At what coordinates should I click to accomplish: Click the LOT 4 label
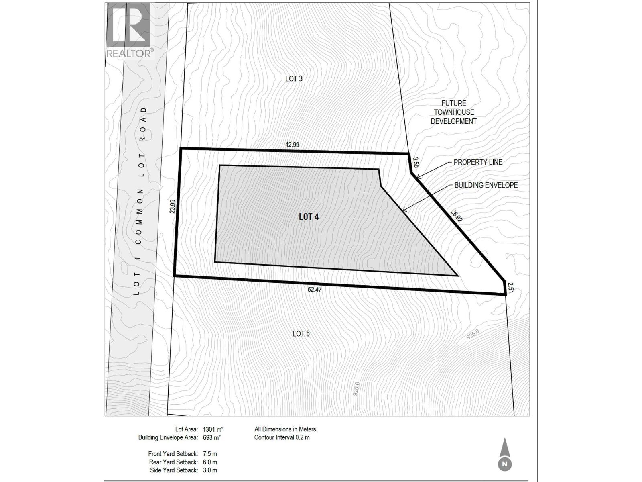click(x=309, y=217)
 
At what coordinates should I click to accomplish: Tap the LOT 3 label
click(x=294, y=79)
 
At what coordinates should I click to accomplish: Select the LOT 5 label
click(x=301, y=334)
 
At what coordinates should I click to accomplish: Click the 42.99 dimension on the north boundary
click(x=292, y=145)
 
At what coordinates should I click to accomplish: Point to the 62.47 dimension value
click(x=315, y=289)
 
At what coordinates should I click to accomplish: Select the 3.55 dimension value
click(x=416, y=162)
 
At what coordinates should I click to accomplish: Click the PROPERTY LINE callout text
click(x=478, y=162)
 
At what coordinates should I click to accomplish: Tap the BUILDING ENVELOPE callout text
click(x=486, y=185)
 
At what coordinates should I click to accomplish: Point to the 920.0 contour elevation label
click(x=356, y=389)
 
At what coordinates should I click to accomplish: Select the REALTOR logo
click(x=129, y=30)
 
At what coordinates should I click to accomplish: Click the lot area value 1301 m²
click(x=213, y=429)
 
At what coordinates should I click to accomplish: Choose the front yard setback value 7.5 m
click(x=210, y=454)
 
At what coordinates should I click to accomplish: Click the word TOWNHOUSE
click(x=454, y=112)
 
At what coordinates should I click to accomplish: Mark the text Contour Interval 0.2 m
click(x=282, y=437)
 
